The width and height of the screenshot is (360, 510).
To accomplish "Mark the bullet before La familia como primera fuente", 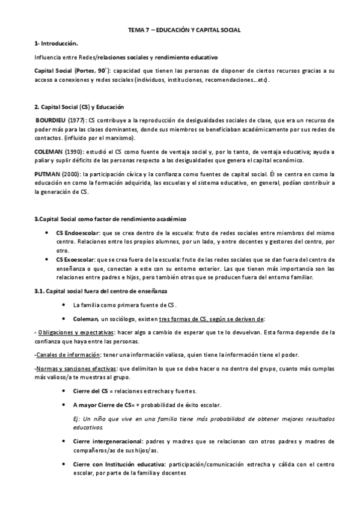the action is click(62, 305).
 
